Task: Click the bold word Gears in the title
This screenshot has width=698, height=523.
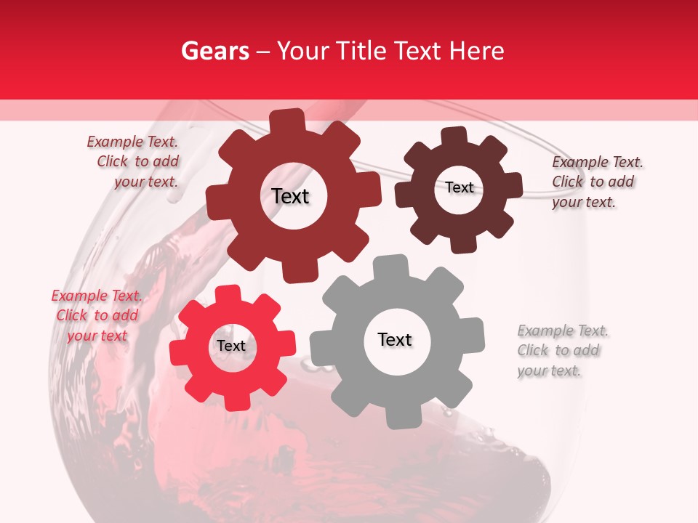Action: pos(214,51)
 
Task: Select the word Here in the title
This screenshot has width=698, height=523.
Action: pos(476,51)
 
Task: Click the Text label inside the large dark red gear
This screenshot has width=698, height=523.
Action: pos(290,196)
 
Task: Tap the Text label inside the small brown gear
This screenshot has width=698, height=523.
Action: pos(460,187)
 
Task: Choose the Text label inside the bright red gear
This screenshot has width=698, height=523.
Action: pos(231,346)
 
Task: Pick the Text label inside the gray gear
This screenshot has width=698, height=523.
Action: pos(395,339)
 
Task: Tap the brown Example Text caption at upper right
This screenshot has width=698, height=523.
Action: pos(596,182)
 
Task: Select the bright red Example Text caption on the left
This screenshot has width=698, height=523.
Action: pos(96,315)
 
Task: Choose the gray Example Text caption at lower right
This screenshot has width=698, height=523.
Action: pos(562,350)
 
